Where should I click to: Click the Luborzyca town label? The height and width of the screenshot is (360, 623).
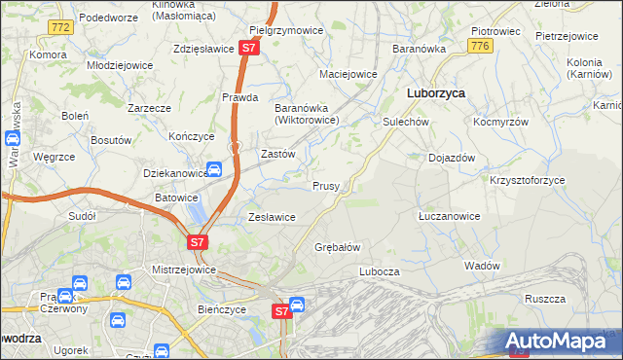434,93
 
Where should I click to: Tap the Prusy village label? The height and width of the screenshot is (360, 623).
325,185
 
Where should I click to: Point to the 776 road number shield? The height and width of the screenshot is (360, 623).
478,46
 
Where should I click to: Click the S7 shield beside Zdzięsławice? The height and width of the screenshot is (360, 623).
249,47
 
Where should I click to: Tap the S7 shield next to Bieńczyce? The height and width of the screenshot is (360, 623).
281,311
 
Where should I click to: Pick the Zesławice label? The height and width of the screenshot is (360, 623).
273,217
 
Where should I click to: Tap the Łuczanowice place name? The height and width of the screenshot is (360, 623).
448,216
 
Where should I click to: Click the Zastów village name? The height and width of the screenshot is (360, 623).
278,154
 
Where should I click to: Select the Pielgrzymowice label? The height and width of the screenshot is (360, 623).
286,30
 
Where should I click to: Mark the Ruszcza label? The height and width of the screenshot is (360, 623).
544,299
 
